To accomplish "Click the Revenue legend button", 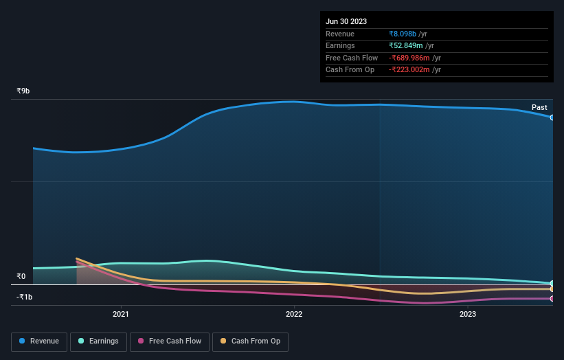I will coord(39,341).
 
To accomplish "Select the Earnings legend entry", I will coord(98,341).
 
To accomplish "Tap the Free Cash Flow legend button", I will coord(170,341).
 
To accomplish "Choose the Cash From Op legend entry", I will coord(250,341).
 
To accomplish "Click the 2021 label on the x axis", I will coord(121,315).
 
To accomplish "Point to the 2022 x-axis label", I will coord(294,315).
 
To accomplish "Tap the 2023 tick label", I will coord(468,315).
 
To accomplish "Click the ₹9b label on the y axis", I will coord(23,91).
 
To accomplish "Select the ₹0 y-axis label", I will coord(21,277).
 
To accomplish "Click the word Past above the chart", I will coord(539,107).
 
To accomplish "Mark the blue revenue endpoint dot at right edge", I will coord(552,117).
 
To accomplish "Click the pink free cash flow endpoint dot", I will coord(552,299).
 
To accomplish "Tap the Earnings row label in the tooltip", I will coord(340,46).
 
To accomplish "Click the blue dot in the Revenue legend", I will coord(23,341).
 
